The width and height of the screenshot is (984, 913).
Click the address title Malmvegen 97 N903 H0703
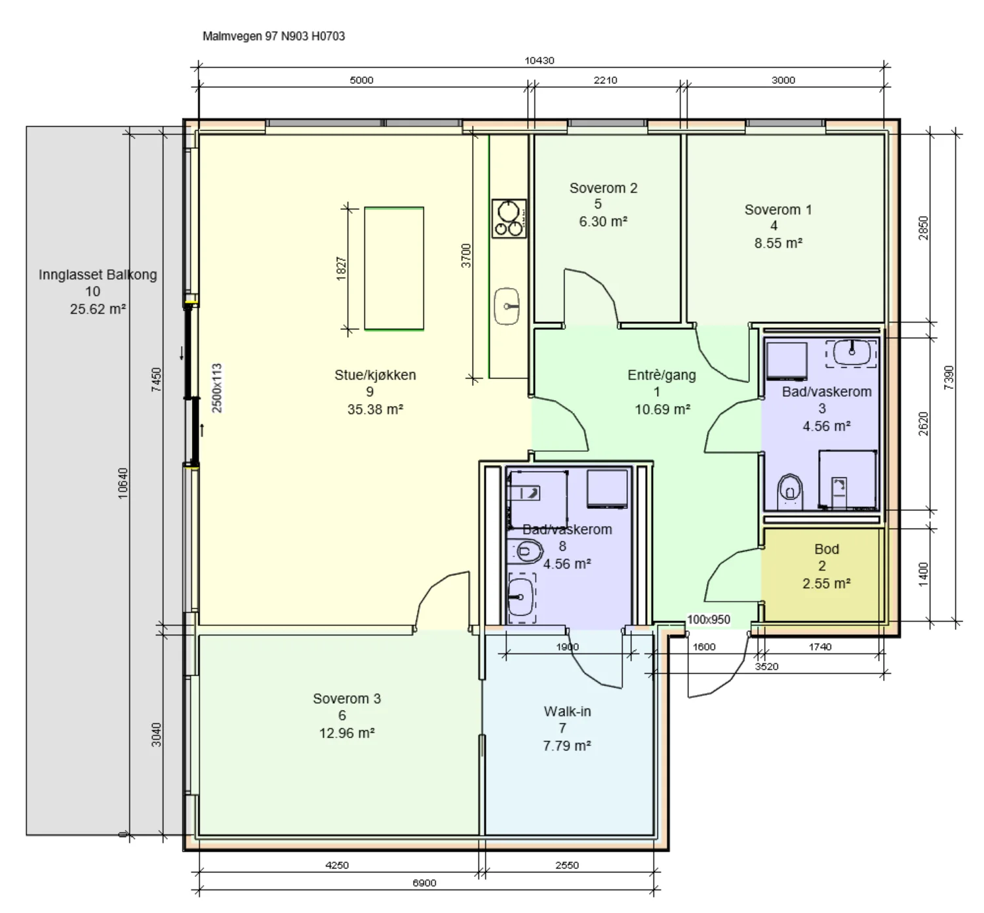(x=273, y=36)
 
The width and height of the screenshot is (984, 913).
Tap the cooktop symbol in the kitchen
(x=509, y=218)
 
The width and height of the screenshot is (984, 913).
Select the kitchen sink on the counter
(x=507, y=306)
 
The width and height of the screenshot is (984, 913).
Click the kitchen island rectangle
(x=394, y=268)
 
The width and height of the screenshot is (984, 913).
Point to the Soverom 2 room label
(x=603, y=188)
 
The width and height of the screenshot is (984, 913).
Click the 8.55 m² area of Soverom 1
(x=778, y=243)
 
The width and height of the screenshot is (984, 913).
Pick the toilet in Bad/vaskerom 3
(x=790, y=491)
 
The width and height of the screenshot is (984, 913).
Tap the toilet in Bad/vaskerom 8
(x=525, y=551)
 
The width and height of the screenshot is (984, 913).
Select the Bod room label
(x=827, y=549)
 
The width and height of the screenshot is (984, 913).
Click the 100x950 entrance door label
(x=709, y=619)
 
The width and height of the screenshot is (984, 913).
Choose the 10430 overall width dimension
(x=539, y=60)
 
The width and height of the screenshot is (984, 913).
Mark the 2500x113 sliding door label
(x=216, y=388)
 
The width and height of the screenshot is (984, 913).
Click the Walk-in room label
(x=567, y=711)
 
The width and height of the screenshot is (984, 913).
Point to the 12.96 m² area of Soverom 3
(x=346, y=733)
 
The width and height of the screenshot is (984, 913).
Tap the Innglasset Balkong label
(x=98, y=275)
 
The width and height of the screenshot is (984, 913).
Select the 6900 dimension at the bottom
(x=424, y=883)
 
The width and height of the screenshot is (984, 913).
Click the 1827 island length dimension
(x=341, y=268)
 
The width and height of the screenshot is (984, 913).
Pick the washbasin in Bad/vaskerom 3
(x=851, y=353)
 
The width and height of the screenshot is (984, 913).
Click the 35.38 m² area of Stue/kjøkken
(x=375, y=409)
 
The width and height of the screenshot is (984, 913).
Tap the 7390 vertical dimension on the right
(x=949, y=377)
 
